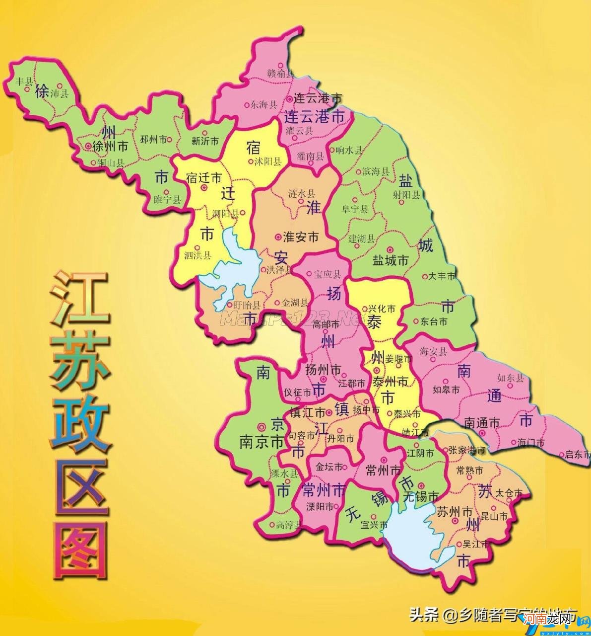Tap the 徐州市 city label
pos(111,146)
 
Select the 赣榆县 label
pos(281,74)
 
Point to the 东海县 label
pos(263,105)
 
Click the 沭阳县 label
pos(268,161)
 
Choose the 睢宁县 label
pos(167,200)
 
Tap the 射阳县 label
pos(406,194)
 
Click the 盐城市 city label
pos(391,259)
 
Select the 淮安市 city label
pos(300,237)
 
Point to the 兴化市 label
pos(382,309)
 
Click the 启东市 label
pos(578,454)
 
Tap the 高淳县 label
pos(288,525)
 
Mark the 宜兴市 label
pos(374,525)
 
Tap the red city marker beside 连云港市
pos(289,99)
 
